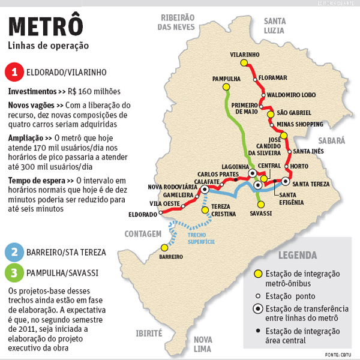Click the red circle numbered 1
pos(14,73)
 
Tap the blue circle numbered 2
pos(14,252)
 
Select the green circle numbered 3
pos(14,273)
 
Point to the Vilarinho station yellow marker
pos(244,62)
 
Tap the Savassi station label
pos(260,214)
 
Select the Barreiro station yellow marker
pos(163,247)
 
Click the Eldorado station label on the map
pos(142,214)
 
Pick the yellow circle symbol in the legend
pos(257,274)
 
